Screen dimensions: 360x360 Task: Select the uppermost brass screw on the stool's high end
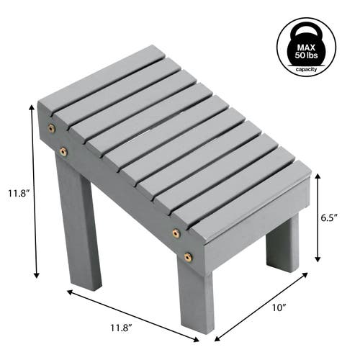51,128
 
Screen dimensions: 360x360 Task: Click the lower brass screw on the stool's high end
63,151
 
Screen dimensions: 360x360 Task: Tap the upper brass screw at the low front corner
176,233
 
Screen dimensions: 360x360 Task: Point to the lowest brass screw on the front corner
188,256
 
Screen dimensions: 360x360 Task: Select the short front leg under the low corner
194,302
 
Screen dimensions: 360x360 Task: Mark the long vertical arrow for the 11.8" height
34,191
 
